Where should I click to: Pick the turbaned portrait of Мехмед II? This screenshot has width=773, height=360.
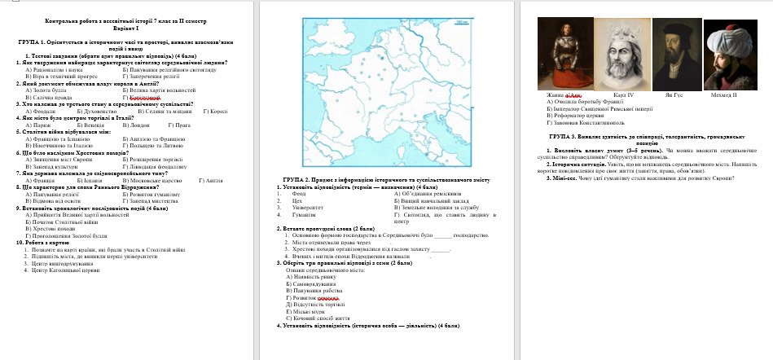click(x=726, y=55)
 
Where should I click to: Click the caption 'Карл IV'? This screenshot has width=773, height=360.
click(x=623, y=95)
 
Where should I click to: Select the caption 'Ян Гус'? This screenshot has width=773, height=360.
click(x=674, y=95)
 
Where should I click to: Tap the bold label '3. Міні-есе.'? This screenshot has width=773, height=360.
click(x=561, y=178)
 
